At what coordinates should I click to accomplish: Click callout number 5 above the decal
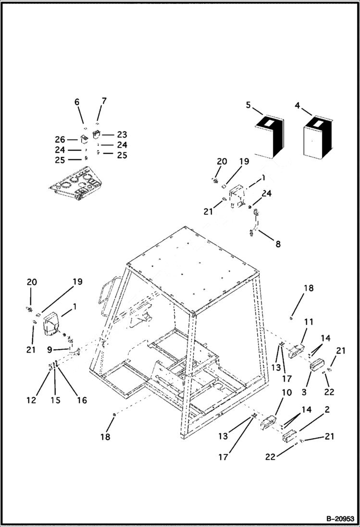pos(248,105)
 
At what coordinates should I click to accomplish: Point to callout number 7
pos(104,101)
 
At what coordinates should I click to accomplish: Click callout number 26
pos(60,139)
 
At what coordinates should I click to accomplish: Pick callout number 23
pos(122,135)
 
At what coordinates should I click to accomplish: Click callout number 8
pos(278,244)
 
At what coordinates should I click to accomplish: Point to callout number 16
pos(82,400)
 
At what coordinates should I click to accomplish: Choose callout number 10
pos(286,393)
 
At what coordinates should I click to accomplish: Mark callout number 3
pos(304,392)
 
